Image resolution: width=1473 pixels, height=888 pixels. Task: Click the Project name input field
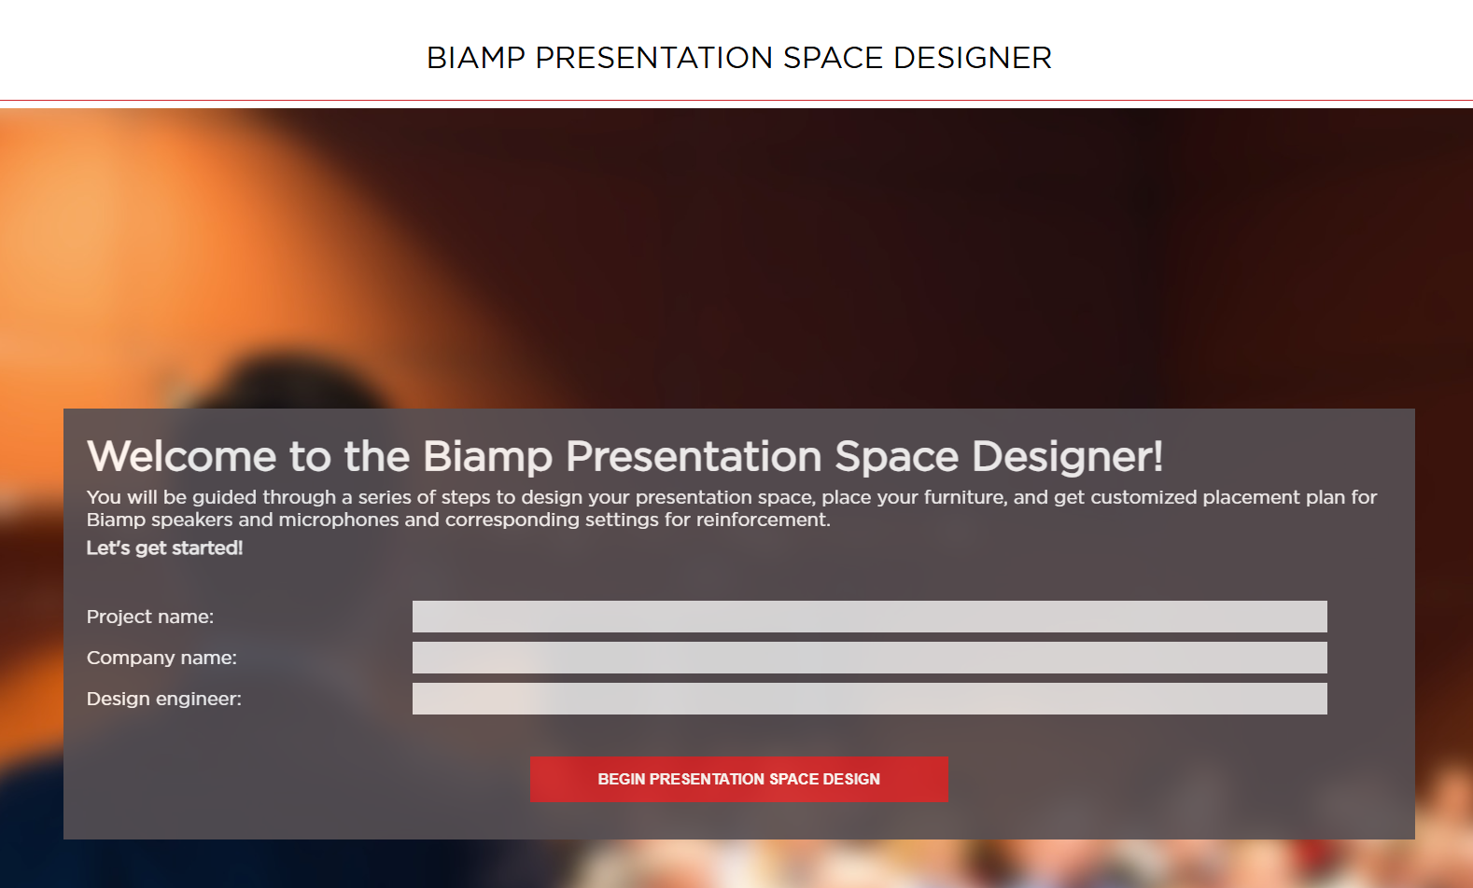coord(869,617)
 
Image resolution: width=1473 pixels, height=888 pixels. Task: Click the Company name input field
coord(869,658)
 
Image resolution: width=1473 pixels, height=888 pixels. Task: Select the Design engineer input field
coord(869,699)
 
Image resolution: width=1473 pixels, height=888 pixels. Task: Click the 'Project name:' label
coord(150,617)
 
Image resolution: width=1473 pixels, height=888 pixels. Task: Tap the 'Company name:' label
coord(161,658)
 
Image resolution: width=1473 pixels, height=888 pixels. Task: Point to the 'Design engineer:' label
coord(164,700)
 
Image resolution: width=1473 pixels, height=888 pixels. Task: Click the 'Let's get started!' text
coord(164,548)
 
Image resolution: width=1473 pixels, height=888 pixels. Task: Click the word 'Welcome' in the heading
coord(181,456)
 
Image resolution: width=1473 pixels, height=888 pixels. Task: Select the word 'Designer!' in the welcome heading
coord(1067,457)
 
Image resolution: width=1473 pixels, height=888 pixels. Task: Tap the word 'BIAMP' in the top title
coord(476,58)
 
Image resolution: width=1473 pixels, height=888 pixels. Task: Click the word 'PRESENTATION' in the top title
coord(654,58)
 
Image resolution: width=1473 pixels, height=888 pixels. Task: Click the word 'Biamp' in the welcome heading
coord(487,457)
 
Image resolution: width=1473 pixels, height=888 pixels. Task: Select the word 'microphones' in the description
coord(338,520)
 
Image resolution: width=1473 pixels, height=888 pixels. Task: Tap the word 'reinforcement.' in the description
coord(764,520)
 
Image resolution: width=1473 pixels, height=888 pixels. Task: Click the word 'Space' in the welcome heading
coord(897,457)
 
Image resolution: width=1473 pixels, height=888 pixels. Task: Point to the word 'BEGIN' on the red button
coord(622,780)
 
